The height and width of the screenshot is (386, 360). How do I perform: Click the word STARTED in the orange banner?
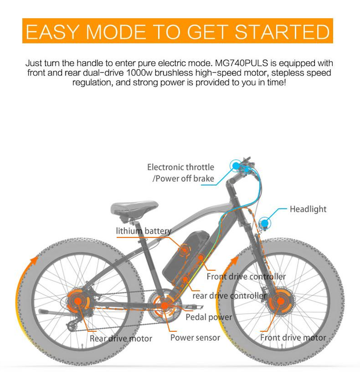(282, 32)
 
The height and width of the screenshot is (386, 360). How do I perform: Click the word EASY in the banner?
(52, 32)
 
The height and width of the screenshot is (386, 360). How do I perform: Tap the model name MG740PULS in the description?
(242, 63)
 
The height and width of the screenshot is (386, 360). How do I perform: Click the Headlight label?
(308, 209)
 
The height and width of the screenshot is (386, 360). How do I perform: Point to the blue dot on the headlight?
(265, 223)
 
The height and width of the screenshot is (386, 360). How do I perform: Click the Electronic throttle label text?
(181, 167)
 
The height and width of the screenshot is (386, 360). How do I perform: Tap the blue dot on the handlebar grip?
(236, 166)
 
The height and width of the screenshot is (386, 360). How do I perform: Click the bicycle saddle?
(134, 209)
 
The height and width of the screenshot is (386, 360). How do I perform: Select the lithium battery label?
(144, 231)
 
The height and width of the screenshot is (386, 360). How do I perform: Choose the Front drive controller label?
(246, 277)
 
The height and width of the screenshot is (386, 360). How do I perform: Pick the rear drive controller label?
(229, 295)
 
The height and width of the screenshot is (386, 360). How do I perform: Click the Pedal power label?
(209, 317)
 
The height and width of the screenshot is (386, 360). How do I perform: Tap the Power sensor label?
(195, 338)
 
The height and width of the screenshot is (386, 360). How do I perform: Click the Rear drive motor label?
(121, 338)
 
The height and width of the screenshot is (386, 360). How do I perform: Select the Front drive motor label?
(293, 338)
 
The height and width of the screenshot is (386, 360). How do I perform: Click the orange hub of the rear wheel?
(78, 301)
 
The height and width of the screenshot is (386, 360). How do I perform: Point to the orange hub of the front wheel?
(280, 301)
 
